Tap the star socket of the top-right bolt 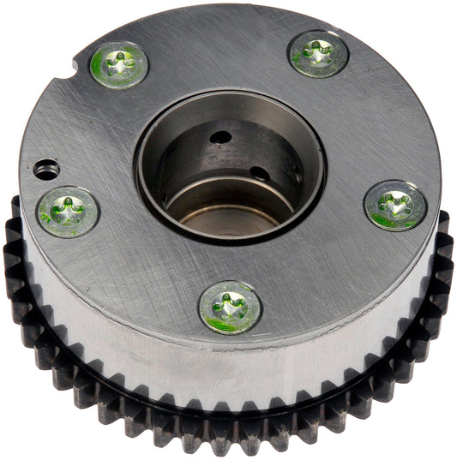click(x=318, y=54)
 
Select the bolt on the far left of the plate click(x=67, y=211)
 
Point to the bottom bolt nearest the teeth click(x=229, y=307)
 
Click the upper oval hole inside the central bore click(x=221, y=136)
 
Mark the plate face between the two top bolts click(x=219, y=51)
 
